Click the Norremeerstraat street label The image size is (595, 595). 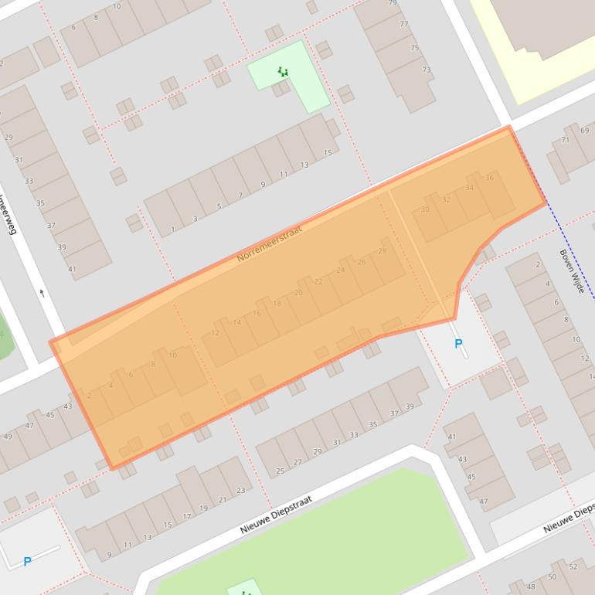pos(269,242)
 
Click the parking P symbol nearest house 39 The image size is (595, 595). pos(458,344)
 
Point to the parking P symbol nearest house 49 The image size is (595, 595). pos(27,562)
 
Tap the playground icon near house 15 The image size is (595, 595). pos(283,73)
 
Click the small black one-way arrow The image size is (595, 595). pos(42,293)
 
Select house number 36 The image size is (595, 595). pos(489,178)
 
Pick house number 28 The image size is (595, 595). pos(382,251)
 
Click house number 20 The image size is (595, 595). pos(298,293)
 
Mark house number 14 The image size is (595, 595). pos(236,323)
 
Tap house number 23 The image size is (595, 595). pos(241,490)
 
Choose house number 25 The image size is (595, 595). pos(280,471)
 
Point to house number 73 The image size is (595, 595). pos(427,70)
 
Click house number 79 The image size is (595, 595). pos(393,3)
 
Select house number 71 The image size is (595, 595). pos(565,141)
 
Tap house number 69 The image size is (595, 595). pos(584,131)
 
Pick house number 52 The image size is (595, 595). pos(573,566)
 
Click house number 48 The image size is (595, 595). pos(531,587)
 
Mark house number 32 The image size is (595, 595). pos(446,199)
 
